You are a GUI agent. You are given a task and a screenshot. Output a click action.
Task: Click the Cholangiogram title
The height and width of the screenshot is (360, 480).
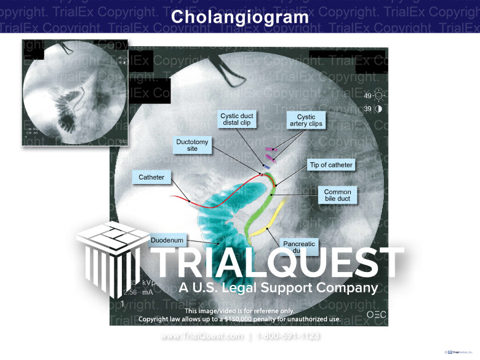pyautogui.click(x=240, y=17)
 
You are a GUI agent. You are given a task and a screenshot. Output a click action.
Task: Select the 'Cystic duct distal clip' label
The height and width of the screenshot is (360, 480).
pyautogui.click(x=237, y=119)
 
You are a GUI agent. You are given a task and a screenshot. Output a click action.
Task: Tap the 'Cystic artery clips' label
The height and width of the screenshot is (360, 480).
pyautogui.click(x=306, y=120)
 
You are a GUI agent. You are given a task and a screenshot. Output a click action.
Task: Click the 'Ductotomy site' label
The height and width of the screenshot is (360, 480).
pyautogui.click(x=192, y=145)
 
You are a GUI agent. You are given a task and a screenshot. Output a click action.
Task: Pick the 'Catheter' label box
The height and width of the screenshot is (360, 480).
pyautogui.click(x=151, y=177)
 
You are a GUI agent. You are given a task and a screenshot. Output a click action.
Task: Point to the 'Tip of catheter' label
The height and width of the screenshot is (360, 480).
pyautogui.click(x=330, y=165)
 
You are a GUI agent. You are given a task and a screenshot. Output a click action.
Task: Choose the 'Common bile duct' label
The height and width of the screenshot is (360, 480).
pyautogui.click(x=337, y=196)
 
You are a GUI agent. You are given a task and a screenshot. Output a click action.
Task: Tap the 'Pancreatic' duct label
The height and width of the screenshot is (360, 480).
pyautogui.click(x=299, y=245)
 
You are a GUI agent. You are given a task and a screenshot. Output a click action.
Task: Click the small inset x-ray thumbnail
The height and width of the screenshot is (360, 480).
pyautogui.click(x=74, y=92)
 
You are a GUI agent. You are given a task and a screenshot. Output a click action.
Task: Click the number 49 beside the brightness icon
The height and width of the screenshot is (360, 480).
pyautogui.click(x=367, y=96)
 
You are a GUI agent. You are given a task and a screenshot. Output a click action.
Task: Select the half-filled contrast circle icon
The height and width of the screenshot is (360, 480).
pyautogui.click(x=378, y=109)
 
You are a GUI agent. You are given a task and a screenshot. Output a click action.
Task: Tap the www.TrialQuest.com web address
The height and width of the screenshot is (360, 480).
pyautogui.click(x=201, y=336)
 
